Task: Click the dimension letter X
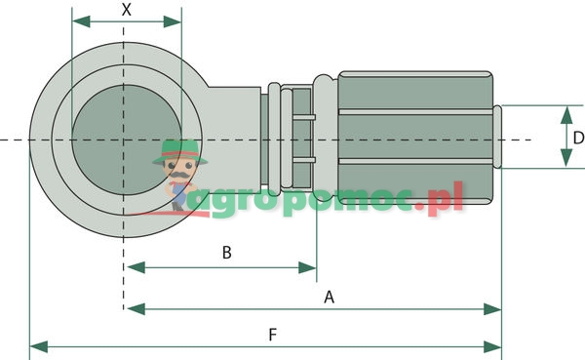(x=126, y=10)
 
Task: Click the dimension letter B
(x=226, y=253)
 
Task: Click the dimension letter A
(x=329, y=296)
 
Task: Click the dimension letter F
(x=273, y=334)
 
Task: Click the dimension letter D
(x=577, y=139)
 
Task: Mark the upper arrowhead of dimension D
(x=567, y=112)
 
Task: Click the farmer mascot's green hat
(x=177, y=149)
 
